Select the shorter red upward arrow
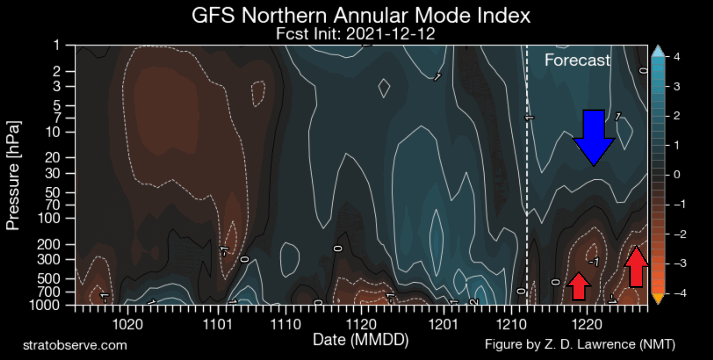(579, 286)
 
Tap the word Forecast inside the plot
(578, 60)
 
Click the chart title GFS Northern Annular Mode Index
(361, 16)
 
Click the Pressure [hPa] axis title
(14, 175)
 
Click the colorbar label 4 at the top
(676, 57)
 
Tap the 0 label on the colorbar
(676, 175)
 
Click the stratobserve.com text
(75, 345)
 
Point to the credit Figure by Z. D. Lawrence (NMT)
(580, 344)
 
